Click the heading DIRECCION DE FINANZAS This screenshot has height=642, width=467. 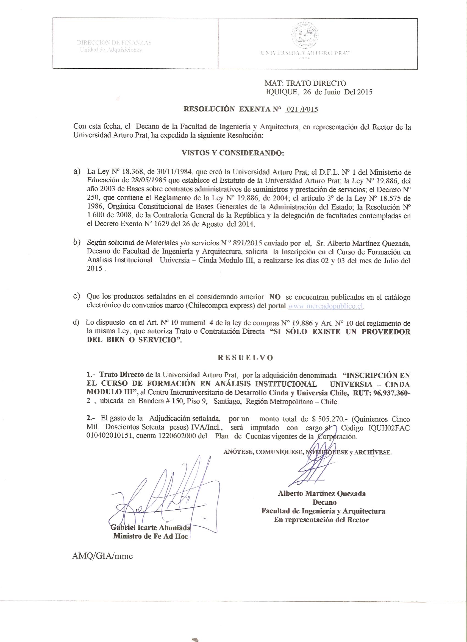(x=114, y=43)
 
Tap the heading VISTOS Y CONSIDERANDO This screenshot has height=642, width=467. (x=232, y=153)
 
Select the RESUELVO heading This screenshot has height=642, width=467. (x=245, y=358)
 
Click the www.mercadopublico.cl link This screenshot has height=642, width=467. (x=326, y=306)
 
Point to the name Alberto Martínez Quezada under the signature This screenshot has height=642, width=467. (x=322, y=494)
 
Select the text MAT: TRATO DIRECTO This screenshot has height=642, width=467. (x=305, y=83)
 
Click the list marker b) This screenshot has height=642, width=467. (x=77, y=242)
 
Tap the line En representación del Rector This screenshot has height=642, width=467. (x=321, y=520)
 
